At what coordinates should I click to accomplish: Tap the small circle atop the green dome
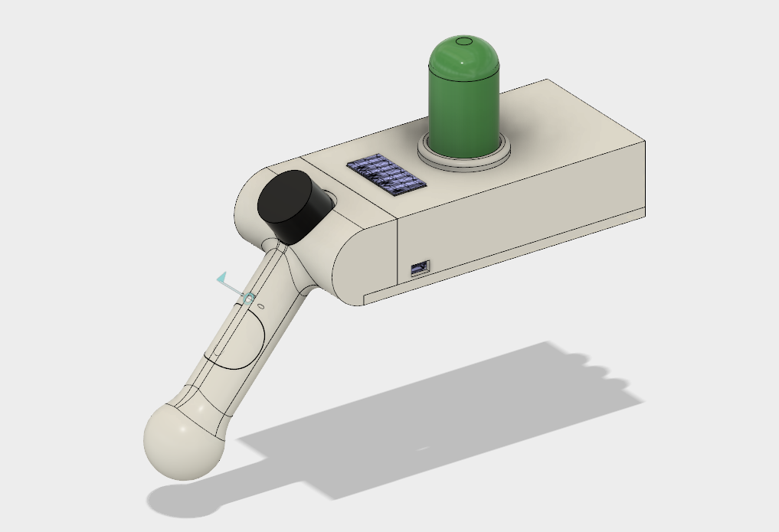pyautogui.click(x=464, y=41)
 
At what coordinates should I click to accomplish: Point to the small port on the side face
pyautogui.click(x=420, y=268)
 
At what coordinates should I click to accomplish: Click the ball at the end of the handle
pyautogui.click(x=184, y=442)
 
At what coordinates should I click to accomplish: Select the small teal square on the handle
pyautogui.click(x=248, y=297)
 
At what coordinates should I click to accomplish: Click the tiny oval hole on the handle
pyautogui.click(x=260, y=306)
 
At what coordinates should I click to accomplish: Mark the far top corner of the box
pyautogui.click(x=548, y=80)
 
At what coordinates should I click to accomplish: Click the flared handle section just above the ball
pyautogui.click(x=203, y=398)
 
